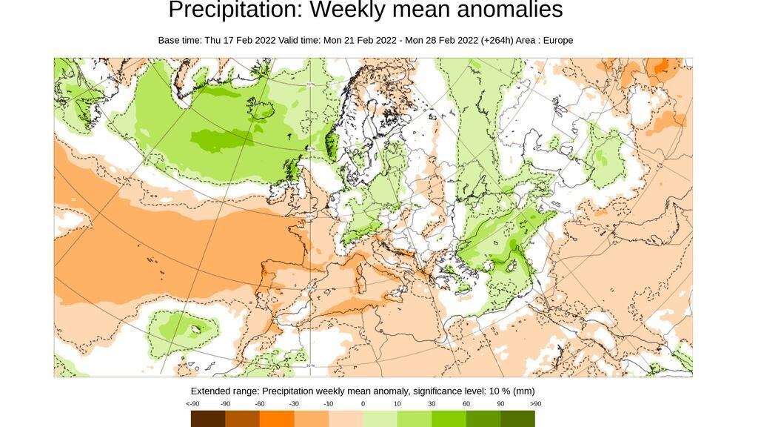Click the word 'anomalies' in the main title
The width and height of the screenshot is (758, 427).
click(x=503, y=10)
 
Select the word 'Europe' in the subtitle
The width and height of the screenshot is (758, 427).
click(x=558, y=40)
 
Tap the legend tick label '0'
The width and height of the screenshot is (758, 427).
click(x=363, y=404)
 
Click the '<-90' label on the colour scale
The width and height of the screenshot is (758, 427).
click(x=192, y=404)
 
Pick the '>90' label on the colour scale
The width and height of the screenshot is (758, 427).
click(x=534, y=404)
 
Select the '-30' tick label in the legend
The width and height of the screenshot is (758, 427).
click(x=294, y=404)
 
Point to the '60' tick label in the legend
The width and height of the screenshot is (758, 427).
click(x=466, y=404)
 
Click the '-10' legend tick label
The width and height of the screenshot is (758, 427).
click(x=328, y=404)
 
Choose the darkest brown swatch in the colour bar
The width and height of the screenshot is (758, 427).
click(x=208, y=419)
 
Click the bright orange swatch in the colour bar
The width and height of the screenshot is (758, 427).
click(x=277, y=419)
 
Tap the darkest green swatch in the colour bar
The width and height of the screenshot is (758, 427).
click(x=517, y=419)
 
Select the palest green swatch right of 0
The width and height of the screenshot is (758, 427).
click(x=380, y=419)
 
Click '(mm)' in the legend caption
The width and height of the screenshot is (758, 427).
click(x=523, y=391)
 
